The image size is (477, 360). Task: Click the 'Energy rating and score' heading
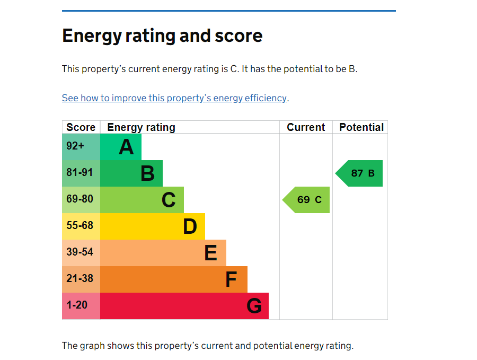click(162, 36)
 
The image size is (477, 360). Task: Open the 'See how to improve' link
click(174, 98)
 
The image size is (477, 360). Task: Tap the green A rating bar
click(121, 147)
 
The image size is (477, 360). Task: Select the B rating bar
click(131, 173)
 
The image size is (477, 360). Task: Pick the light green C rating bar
click(142, 200)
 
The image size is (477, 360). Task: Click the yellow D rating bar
click(153, 226)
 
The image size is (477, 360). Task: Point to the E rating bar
click(163, 253)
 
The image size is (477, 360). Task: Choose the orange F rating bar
click(174, 279)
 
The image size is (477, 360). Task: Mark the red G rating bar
click(184, 306)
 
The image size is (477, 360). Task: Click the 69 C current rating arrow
click(307, 200)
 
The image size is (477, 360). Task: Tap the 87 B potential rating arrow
click(360, 173)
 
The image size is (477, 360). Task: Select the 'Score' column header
click(81, 127)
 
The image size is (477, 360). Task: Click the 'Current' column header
click(306, 127)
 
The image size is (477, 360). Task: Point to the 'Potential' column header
click(361, 127)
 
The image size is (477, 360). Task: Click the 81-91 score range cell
click(81, 173)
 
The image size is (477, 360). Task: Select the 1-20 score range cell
click(81, 306)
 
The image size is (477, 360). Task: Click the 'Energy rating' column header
click(141, 127)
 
